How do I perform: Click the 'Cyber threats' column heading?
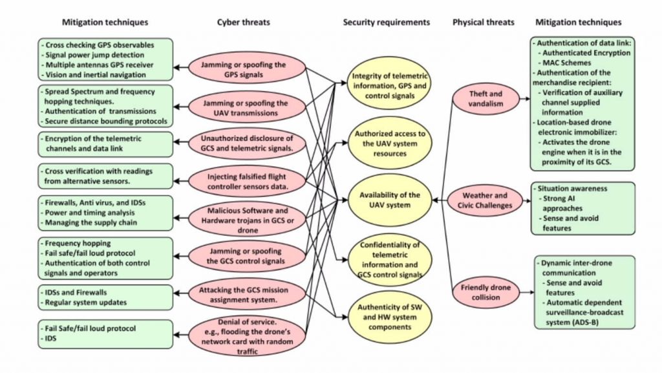click(x=244, y=22)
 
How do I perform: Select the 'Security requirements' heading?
click(x=386, y=22)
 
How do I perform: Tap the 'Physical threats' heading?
click(x=483, y=22)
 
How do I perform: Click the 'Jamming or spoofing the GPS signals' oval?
click(x=246, y=69)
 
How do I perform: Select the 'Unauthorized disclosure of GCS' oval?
click(x=246, y=143)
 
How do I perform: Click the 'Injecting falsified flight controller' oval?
click(x=246, y=180)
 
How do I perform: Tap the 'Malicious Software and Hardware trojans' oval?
click(x=246, y=218)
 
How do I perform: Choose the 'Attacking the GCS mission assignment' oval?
click(x=246, y=294)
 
